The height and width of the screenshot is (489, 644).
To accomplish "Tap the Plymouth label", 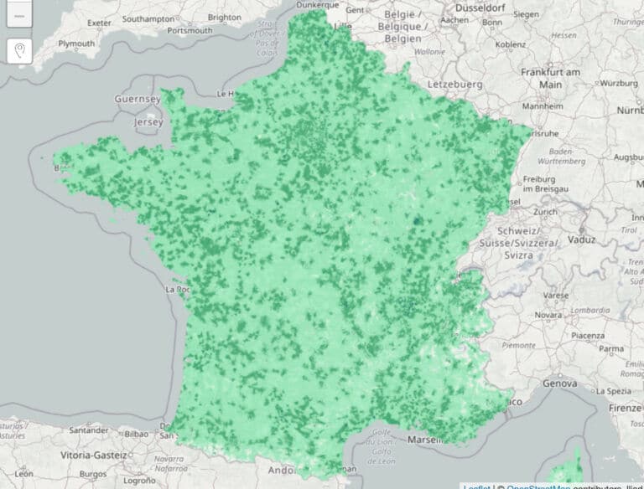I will (77, 43).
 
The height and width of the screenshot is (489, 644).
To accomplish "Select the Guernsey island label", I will (138, 99).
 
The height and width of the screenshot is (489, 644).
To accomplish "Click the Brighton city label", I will (224, 17).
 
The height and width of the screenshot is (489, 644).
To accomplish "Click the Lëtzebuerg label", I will (455, 85).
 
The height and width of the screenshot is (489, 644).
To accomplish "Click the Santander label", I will (88, 430).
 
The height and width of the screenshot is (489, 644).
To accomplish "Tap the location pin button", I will (20, 51).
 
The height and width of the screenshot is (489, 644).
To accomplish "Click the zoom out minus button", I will (20, 14).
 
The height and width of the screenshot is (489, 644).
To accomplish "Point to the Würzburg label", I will (620, 84).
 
